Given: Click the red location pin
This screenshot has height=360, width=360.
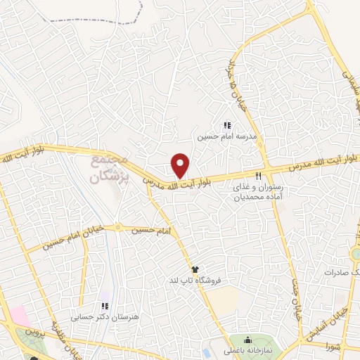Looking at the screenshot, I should point(181,166).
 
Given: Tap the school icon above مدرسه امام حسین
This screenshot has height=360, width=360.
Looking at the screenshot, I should point(226,125).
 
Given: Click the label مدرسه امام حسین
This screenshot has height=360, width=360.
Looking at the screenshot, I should point(223,136).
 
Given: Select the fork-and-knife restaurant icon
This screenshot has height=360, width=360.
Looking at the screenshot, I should point(259,176).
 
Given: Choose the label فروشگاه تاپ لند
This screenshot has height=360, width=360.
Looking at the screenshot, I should point(196,280).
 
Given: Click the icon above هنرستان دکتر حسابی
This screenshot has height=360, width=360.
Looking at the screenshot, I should point(104,306).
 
